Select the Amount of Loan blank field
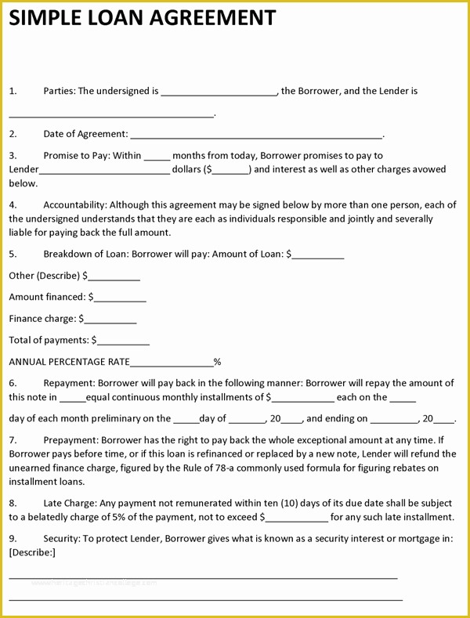tap(318, 255)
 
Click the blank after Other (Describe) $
tap(114, 276)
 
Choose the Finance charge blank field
tap(110, 320)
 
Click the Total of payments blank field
tap(123, 341)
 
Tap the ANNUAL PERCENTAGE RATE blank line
tap(172, 363)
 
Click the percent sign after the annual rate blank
tap(218, 362)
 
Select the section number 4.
tap(13, 205)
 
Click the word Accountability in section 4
tap(74, 205)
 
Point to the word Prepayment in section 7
tap(70, 440)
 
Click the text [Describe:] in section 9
tap(32, 552)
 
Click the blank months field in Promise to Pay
tap(157, 157)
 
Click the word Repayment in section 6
tap(68, 384)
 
